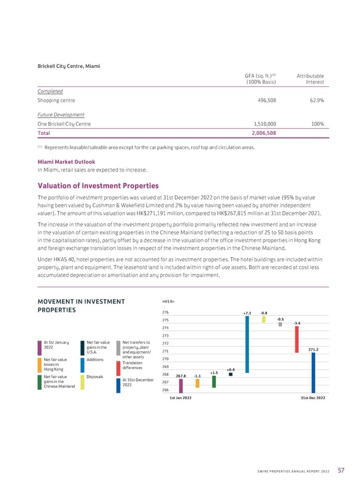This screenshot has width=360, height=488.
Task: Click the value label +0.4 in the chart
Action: coord(231,369)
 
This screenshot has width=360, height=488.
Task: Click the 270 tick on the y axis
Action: coord(166,359)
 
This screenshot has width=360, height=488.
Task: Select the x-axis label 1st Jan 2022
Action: coord(181,398)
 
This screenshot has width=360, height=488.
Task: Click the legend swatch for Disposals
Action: coord(82,382)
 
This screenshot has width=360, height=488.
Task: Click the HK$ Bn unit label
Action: coord(169,302)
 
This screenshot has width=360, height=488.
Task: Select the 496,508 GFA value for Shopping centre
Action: coord(264,101)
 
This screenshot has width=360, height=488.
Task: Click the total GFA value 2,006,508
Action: coord(261,133)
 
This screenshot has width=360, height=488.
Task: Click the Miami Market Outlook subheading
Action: coord(66,162)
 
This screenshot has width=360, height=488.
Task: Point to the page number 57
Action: coord(340,469)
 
